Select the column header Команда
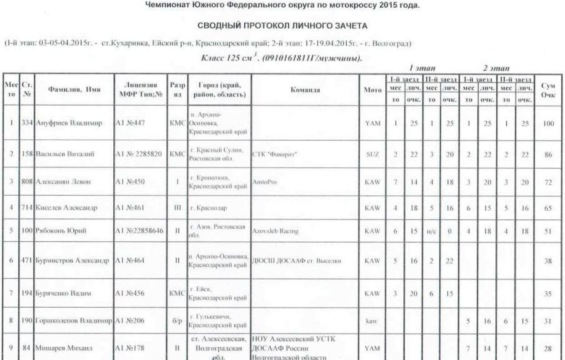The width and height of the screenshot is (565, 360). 304,90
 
